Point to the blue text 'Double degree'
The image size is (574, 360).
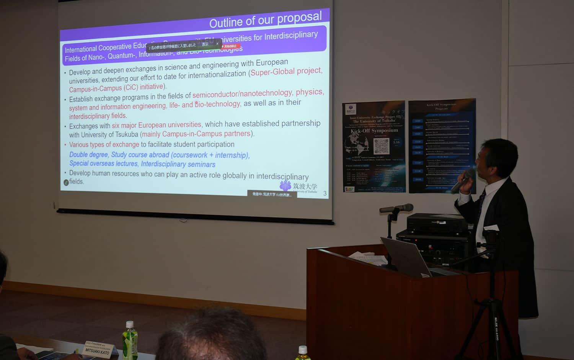click(88, 155)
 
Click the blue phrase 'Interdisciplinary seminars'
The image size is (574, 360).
click(178, 164)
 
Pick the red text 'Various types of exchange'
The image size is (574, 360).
click(104, 145)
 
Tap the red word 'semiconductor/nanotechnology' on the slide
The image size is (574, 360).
click(242, 93)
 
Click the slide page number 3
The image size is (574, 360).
click(325, 193)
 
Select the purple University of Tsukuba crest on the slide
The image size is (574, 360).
click(285, 186)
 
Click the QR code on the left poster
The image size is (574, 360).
click(381, 146)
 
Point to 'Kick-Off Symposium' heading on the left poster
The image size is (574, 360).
click(374, 131)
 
